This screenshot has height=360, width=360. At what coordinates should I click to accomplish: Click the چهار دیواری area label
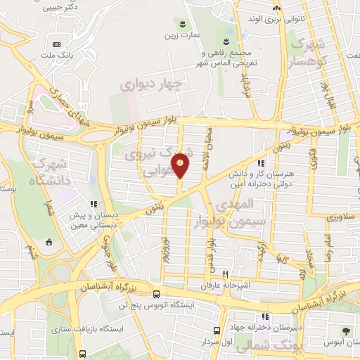[x=151, y=85]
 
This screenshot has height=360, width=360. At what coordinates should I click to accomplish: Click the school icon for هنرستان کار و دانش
[x=262, y=163]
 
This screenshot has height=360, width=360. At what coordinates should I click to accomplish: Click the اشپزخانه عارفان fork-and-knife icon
[x=226, y=274]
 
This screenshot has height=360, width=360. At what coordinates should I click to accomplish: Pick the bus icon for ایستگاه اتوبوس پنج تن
[x=155, y=295]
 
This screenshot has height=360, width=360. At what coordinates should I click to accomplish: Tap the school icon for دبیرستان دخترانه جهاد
[x=264, y=316]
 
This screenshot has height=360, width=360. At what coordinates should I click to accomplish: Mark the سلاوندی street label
[x=340, y=218]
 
